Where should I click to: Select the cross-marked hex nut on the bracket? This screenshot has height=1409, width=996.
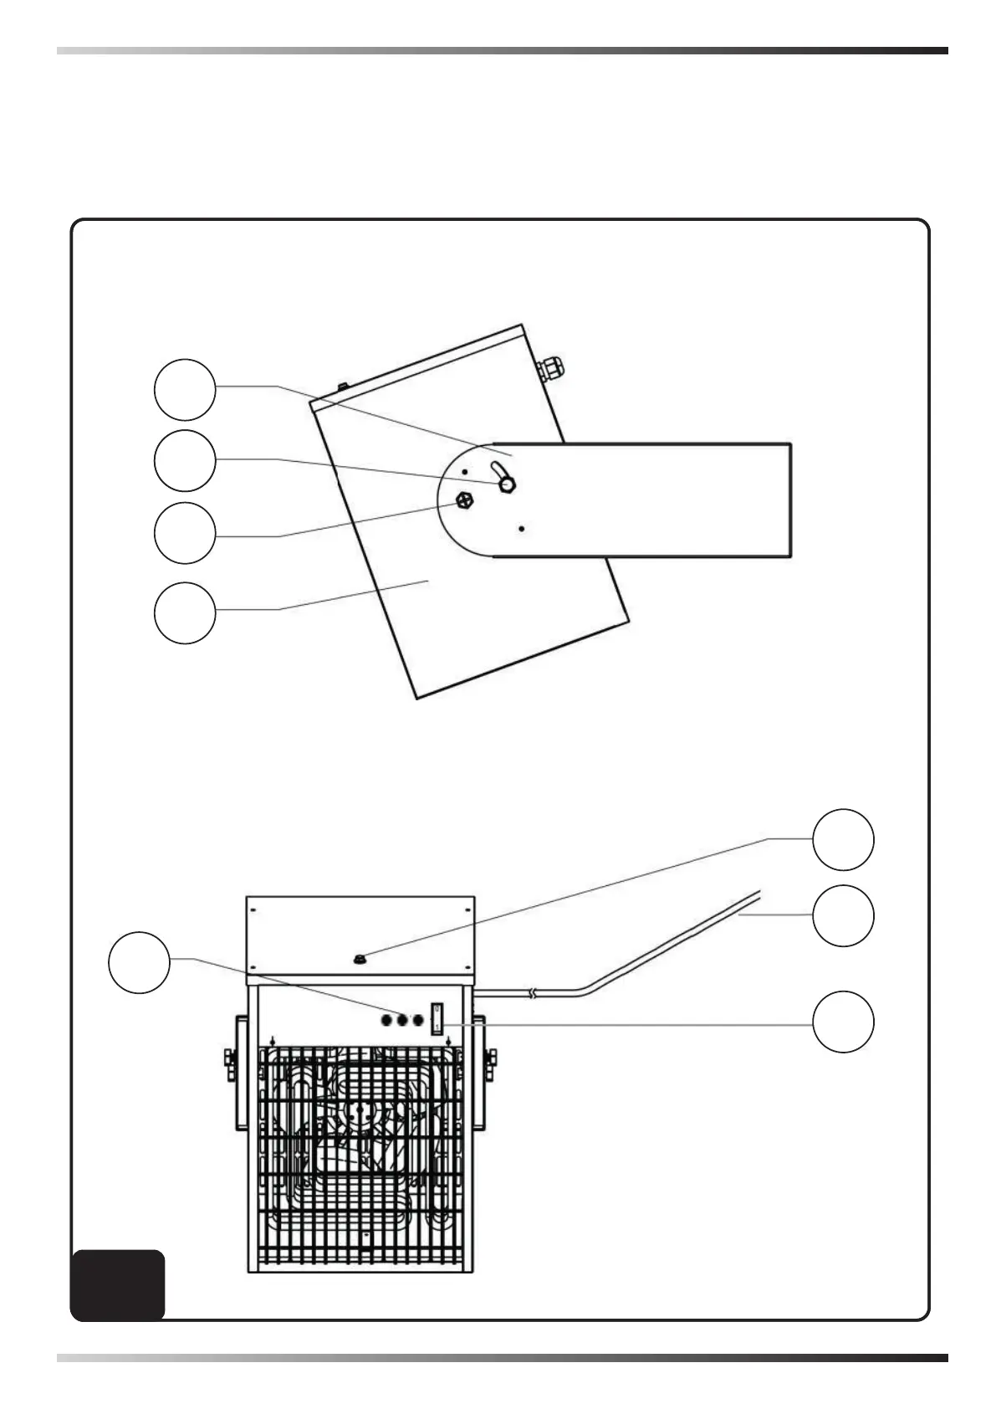tap(465, 500)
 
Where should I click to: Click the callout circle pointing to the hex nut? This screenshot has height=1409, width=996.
tap(185, 533)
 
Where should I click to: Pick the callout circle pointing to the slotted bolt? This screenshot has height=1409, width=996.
tap(185, 460)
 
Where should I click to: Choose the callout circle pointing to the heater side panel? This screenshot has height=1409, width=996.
tap(185, 612)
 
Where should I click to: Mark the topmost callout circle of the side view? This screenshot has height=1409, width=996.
tap(185, 389)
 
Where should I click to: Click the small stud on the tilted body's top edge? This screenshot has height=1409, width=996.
tap(342, 387)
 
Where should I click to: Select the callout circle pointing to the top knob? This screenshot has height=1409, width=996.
tap(844, 839)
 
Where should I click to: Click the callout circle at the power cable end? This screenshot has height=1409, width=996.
tap(844, 915)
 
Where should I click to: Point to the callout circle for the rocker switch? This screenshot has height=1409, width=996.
tap(844, 1021)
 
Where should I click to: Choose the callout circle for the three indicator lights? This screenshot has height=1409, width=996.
tap(140, 962)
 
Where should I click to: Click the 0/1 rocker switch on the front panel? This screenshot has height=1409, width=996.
tap(437, 1018)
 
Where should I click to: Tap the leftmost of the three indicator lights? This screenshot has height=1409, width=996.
tap(386, 1020)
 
